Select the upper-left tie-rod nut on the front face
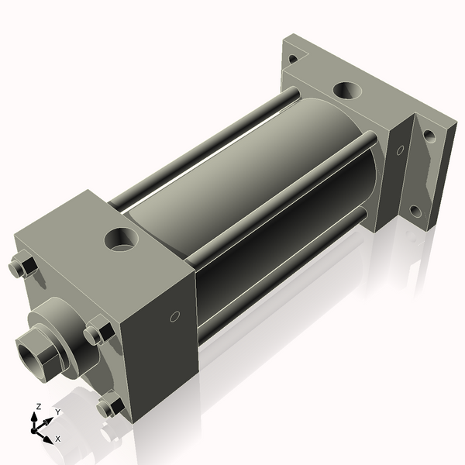pos(22,268)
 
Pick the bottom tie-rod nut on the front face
pos(111,405)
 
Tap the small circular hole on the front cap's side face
pos(174,316)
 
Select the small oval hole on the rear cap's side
pos(400,150)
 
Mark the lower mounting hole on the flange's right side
pos(415,210)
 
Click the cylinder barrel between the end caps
pos(232,194)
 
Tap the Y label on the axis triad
pos(58,412)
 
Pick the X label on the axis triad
pos(58,439)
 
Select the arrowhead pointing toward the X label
pos(47,438)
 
